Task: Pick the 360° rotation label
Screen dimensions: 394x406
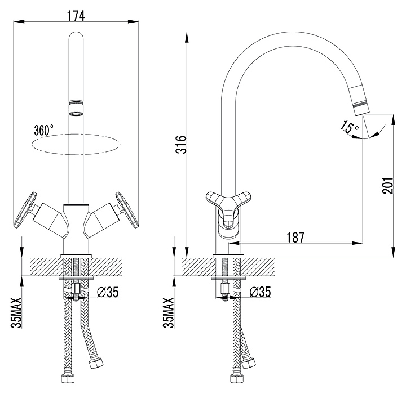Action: (x=43, y=129)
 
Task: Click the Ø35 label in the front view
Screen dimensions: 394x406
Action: (x=107, y=292)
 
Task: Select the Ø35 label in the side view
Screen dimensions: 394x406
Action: (x=260, y=292)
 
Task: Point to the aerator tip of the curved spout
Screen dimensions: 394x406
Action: (x=358, y=106)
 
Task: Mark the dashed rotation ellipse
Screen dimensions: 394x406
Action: (x=76, y=144)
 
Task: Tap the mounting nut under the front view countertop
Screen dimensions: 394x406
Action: (x=76, y=290)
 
